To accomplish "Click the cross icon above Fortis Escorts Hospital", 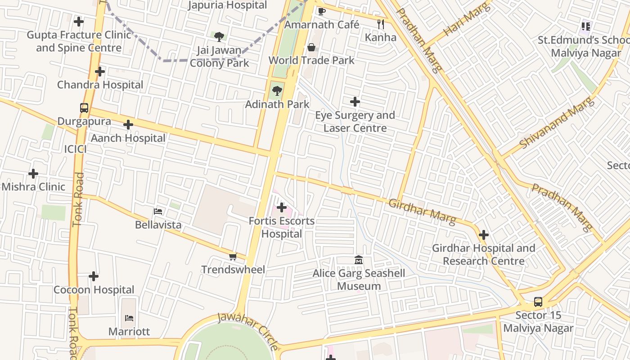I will click(282, 207).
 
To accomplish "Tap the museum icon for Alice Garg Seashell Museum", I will click(359, 260).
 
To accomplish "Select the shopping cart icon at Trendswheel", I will click(233, 256).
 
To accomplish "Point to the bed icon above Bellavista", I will click(158, 211).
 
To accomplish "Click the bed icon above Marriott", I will click(129, 318).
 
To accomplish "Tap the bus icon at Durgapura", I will click(84, 108).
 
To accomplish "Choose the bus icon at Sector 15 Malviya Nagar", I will click(538, 302).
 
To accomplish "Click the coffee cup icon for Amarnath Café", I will click(321, 11).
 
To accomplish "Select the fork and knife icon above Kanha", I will click(381, 24).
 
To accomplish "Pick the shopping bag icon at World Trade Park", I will click(311, 47).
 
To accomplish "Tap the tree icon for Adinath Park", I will click(277, 91).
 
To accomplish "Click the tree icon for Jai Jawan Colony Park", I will click(219, 36).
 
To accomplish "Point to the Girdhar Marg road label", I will click(422, 211).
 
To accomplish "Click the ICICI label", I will click(75, 149).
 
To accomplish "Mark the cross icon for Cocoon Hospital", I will click(94, 276).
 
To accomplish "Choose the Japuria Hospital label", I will click(227, 5).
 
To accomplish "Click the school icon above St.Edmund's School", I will click(585, 27).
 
